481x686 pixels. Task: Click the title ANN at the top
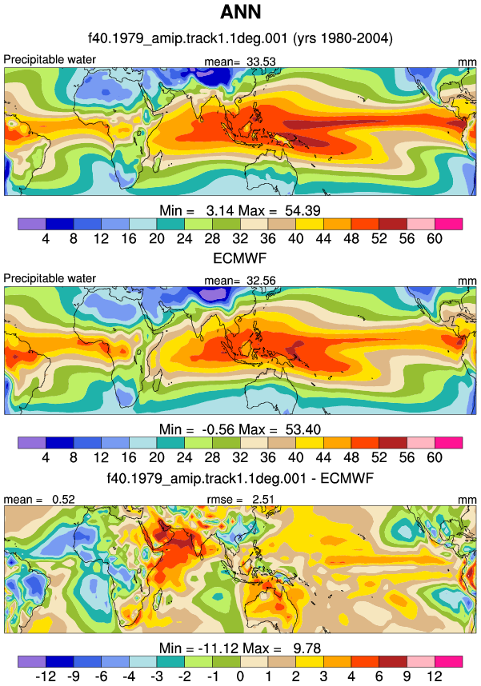click(x=240, y=12)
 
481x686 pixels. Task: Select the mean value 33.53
click(x=261, y=62)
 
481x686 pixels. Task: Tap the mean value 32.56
click(x=261, y=281)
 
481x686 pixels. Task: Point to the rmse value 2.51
click(x=263, y=499)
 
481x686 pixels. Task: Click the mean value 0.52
click(x=63, y=499)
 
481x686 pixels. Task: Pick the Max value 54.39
click(x=303, y=210)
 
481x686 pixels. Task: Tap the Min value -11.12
click(x=218, y=648)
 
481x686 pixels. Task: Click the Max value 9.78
click(x=307, y=648)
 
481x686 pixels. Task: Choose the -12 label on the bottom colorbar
click(x=46, y=676)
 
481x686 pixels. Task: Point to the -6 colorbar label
click(x=101, y=676)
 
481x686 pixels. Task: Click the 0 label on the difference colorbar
click(x=240, y=676)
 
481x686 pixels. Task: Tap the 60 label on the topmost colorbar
click(x=435, y=238)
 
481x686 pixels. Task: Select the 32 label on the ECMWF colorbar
click(x=240, y=457)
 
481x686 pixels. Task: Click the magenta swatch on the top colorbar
click(x=448, y=224)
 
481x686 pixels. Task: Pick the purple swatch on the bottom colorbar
click(x=31, y=661)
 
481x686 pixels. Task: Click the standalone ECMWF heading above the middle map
click(x=239, y=258)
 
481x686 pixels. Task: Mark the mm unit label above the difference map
click(x=467, y=500)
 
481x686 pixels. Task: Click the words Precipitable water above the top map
click(x=50, y=59)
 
